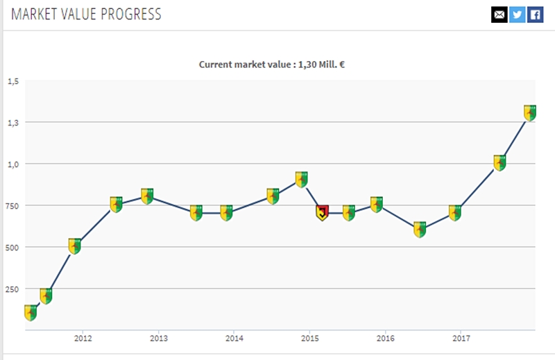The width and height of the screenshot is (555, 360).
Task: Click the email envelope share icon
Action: (499, 15)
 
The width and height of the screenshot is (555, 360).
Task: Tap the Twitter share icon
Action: (517, 15)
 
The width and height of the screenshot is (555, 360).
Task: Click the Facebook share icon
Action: (535, 15)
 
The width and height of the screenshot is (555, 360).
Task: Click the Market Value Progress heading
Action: (86, 15)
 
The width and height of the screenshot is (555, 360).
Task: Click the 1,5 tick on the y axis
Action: (13, 81)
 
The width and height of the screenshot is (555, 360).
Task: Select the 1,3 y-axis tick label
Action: (13, 123)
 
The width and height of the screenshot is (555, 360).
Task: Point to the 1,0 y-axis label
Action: (13, 164)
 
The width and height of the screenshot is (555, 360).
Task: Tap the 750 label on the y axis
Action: (12, 206)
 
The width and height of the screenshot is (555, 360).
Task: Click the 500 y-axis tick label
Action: (12, 248)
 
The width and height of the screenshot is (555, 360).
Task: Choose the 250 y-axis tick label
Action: (12, 289)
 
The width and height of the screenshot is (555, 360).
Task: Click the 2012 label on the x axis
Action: (83, 338)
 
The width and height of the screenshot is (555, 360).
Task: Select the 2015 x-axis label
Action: (309, 338)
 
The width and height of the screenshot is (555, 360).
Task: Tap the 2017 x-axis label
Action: (461, 338)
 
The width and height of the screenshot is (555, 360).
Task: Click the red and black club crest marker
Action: (322, 213)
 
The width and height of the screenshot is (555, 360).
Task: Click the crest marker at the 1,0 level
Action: (499, 163)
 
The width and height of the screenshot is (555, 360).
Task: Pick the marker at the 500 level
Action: (75, 246)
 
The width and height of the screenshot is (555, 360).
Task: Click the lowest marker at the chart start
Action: (31, 312)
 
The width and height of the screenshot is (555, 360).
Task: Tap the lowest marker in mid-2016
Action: (420, 230)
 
